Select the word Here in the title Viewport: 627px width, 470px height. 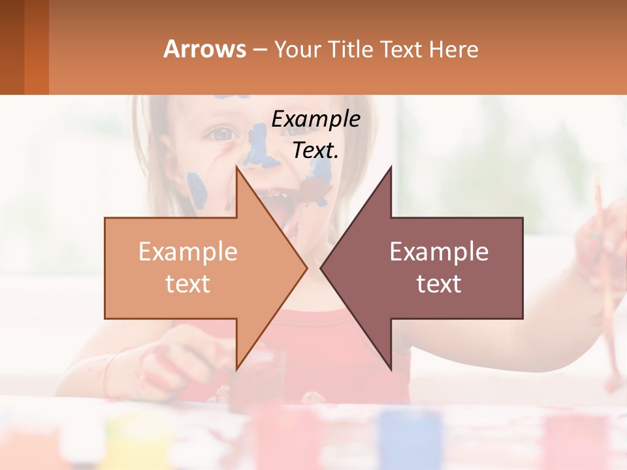453,49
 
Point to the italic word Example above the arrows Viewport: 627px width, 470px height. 315,119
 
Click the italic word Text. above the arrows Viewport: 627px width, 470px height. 315,150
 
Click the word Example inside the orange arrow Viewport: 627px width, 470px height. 188,251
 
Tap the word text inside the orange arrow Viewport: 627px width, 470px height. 188,283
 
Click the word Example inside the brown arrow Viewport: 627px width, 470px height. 439,251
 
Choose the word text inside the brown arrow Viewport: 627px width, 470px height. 439,283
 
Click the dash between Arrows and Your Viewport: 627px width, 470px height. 259,50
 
